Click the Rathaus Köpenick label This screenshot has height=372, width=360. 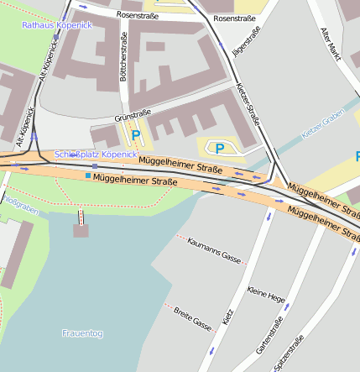(56, 25)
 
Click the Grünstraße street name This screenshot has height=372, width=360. (133, 113)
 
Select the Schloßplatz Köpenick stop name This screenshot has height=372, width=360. (95, 155)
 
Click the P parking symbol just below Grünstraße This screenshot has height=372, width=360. (135, 135)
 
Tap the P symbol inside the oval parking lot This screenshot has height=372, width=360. (220, 149)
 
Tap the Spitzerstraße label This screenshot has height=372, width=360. (295, 353)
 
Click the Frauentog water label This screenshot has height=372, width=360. (82, 333)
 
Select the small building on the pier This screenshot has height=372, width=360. (81, 230)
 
